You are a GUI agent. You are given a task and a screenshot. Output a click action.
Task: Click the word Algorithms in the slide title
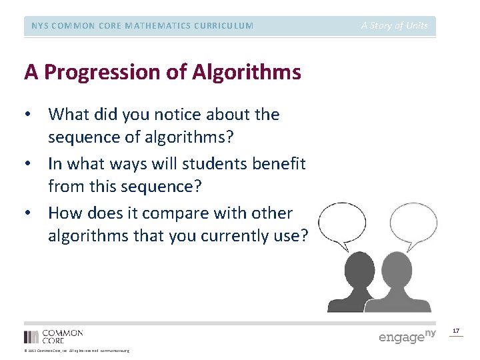coord(247,72)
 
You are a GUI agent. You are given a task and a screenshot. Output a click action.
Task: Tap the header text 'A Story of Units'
coord(394,26)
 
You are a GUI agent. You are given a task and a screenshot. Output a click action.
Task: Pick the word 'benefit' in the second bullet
coord(274,164)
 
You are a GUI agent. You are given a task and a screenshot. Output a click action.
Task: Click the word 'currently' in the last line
coord(231,236)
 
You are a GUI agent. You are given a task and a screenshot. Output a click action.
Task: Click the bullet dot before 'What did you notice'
coord(27,115)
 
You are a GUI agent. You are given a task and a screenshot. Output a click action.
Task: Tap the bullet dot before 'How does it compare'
coord(27,213)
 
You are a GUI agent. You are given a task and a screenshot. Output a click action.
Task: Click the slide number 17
coord(456,331)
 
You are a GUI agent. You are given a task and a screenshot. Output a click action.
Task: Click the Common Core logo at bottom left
coord(53,336)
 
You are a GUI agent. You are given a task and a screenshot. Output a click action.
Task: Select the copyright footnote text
coord(76,351)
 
